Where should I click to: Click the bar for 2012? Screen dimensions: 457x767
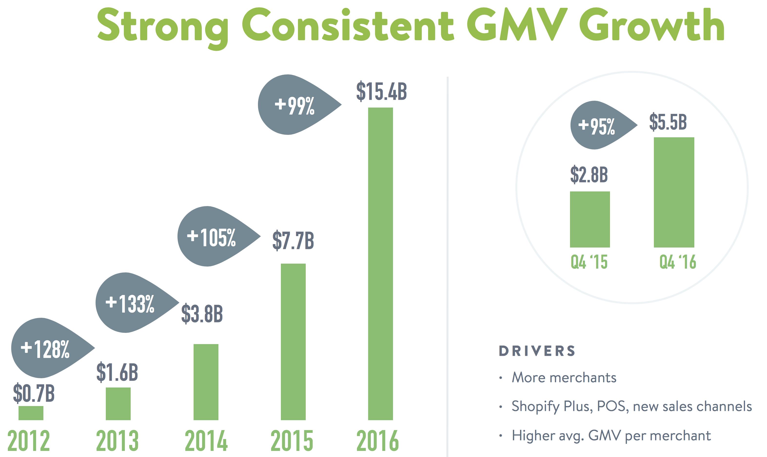(x=31, y=413)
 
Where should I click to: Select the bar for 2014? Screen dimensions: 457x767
(x=206, y=382)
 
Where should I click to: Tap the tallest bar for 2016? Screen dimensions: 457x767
(x=380, y=264)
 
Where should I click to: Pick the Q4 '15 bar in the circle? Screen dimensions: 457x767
(x=590, y=219)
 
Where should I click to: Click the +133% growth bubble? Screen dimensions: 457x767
(x=131, y=303)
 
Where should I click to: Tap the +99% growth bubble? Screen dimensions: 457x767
(x=294, y=105)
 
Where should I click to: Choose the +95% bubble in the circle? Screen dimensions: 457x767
(x=597, y=126)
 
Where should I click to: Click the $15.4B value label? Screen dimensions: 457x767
(x=381, y=91)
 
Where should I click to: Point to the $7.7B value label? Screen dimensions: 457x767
(x=293, y=240)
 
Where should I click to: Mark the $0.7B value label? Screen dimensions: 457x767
(x=34, y=394)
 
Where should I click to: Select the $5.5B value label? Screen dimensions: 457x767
(x=668, y=122)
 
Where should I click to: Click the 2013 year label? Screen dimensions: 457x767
(x=117, y=441)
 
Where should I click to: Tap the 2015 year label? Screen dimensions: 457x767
(x=292, y=441)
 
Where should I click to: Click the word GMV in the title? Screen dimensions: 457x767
(x=517, y=25)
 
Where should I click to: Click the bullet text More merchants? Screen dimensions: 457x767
(x=564, y=378)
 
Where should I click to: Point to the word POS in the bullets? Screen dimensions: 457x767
(x=611, y=406)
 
